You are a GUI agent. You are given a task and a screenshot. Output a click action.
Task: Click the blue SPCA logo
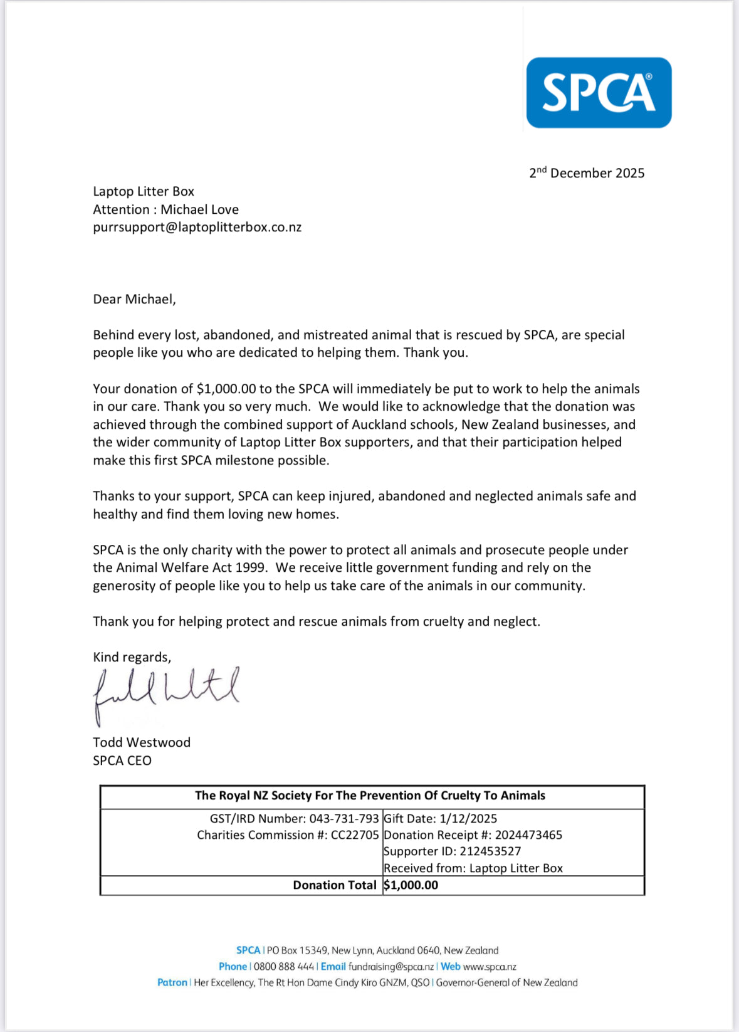click(x=599, y=93)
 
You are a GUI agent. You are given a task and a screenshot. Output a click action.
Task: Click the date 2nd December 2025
click(x=587, y=173)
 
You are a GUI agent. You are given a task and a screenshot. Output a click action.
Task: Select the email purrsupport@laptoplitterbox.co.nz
click(x=197, y=228)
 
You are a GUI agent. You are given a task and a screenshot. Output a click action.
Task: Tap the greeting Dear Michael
click(x=134, y=299)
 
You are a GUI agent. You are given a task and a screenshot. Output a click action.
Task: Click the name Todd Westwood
click(x=142, y=742)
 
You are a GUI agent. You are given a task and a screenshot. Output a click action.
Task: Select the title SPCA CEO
click(x=122, y=761)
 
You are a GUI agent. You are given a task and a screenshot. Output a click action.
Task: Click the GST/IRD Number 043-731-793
click(x=344, y=819)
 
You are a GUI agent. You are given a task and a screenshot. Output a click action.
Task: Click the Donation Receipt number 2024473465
click(x=528, y=835)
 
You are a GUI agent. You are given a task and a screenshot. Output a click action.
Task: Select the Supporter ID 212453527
click(x=490, y=851)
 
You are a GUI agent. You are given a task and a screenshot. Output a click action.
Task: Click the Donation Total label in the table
click(x=335, y=885)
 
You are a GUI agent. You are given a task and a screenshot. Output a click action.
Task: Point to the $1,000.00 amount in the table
click(x=411, y=885)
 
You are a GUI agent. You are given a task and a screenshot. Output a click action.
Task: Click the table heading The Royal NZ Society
click(x=370, y=796)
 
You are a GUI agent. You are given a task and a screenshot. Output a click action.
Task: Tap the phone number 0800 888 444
click(x=283, y=967)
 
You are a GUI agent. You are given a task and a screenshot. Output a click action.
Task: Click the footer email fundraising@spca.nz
click(x=391, y=967)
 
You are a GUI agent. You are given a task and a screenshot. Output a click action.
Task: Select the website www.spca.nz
click(x=490, y=967)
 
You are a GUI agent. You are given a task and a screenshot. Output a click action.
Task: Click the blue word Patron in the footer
click(x=172, y=982)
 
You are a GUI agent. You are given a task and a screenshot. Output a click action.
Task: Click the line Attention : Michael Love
click(x=165, y=209)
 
